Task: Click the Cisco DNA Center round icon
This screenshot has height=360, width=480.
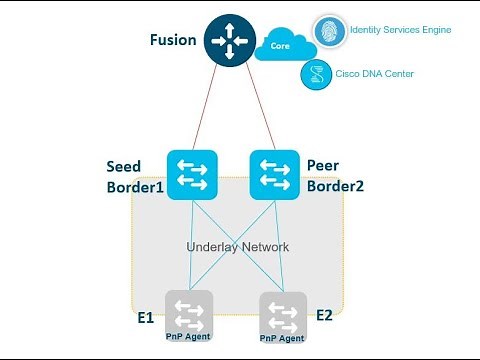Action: (315, 74)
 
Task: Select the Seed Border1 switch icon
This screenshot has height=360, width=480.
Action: (191, 172)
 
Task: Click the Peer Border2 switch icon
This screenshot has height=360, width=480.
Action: (271, 172)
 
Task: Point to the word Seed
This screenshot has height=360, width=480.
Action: (125, 164)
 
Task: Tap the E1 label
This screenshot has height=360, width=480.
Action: (146, 316)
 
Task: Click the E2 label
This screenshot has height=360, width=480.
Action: (325, 316)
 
